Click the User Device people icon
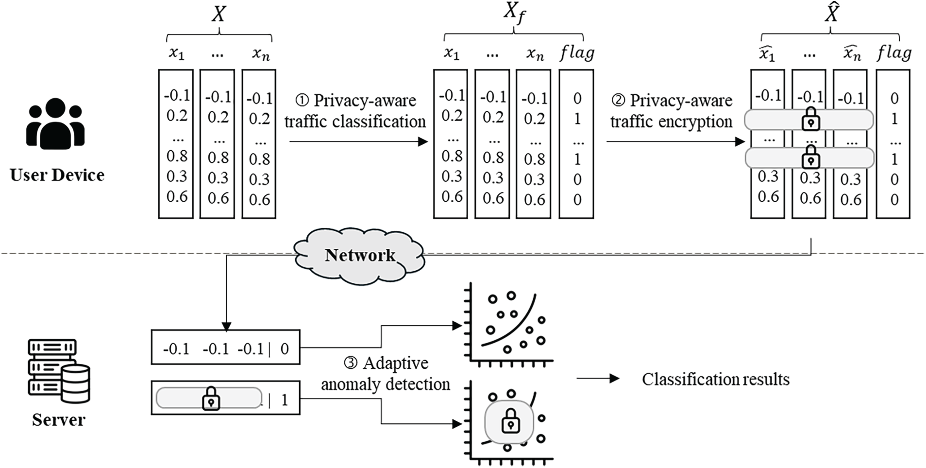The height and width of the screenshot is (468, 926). pyautogui.click(x=56, y=124)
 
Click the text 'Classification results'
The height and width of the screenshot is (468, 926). pyautogui.click(x=715, y=379)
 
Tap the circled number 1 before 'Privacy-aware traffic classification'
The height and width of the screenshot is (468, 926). pyautogui.click(x=302, y=101)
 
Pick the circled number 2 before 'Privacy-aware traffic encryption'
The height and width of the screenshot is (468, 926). pyautogui.click(x=618, y=101)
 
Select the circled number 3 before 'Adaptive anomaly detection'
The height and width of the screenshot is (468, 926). pyautogui.click(x=351, y=363)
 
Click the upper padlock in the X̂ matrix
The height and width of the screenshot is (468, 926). pyautogui.click(x=810, y=120)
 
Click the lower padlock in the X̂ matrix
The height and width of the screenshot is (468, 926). pyautogui.click(x=810, y=158)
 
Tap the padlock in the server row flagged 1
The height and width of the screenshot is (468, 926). pyautogui.click(x=211, y=399)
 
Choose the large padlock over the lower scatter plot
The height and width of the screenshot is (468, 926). pyautogui.click(x=510, y=421)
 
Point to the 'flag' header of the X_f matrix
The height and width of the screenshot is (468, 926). pyautogui.click(x=576, y=52)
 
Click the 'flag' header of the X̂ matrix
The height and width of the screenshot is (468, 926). pyautogui.click(x=893, y=52)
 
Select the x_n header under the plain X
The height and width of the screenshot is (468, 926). pyautogui.click(x=260, y=54)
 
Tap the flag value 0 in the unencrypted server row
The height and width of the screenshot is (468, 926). pyautogui.click(x=285, y=348)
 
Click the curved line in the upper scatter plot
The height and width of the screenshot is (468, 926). pyautogui.click(x=515, y=326)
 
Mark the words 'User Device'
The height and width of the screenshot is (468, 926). pyautogui.click(x=57, y=175)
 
